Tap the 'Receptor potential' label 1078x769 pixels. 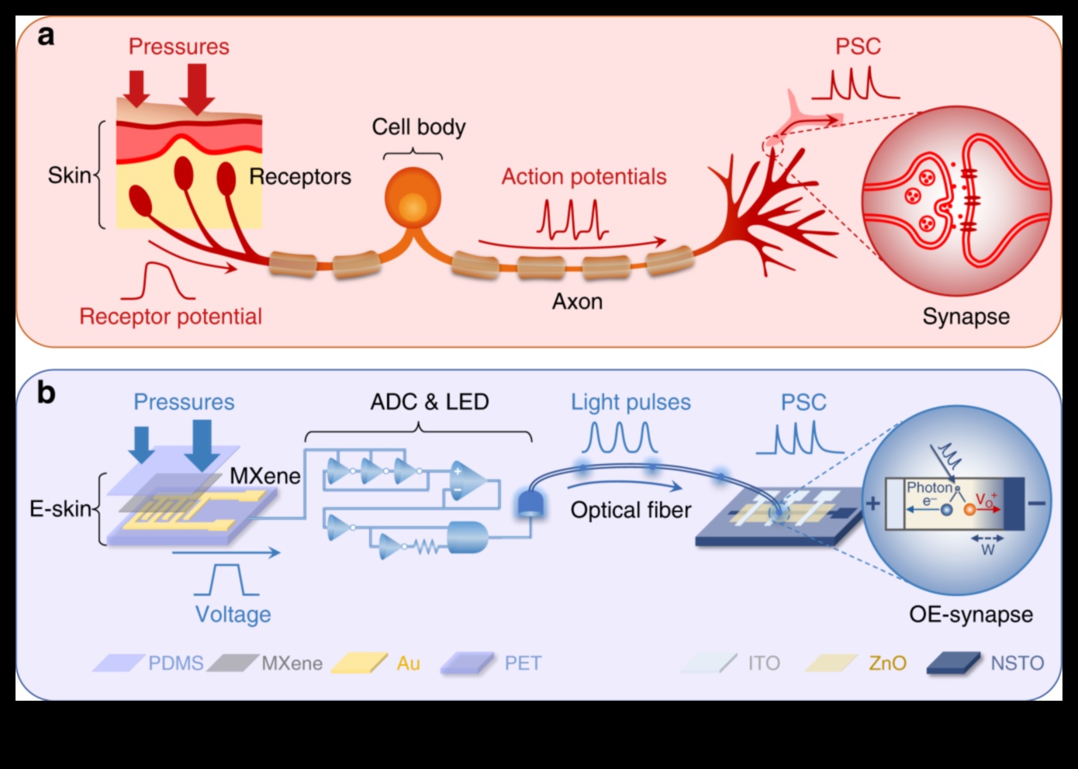click(x=171, y=317)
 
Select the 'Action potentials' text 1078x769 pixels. click(x=583, y=177)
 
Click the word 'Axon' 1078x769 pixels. click(x=577, y=301)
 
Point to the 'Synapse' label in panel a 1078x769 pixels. click(x=966, y=317)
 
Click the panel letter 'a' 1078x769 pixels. click(x=47, y=36)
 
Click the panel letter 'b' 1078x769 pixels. click(x=47, y=393)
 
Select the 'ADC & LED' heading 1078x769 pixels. click(x=430, y=402)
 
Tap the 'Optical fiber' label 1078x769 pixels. click(x=631, y=511)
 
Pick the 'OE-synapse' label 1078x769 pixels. click(x=970, y=615)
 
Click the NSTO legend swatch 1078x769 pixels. click(x=954, y=663)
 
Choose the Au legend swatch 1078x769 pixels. click(x=359, y=663)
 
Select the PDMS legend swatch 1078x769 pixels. click(x=118, y=663)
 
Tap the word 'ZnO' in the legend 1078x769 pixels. click(x=887, y=663)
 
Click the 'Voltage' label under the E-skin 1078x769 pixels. click(x=233, y=615)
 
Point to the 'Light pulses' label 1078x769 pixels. click(x=631, y=402)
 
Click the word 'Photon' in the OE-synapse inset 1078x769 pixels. click(x=929, y=488)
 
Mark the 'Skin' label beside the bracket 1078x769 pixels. click(x=69, y=175)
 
